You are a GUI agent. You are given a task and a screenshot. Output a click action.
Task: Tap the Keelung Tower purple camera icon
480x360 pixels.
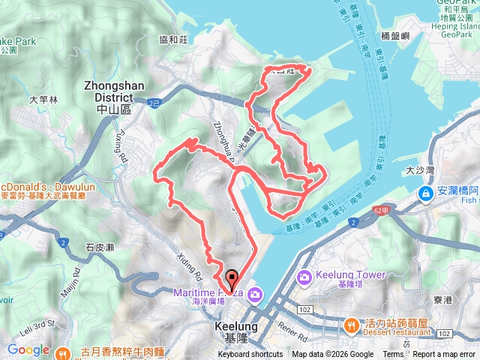click(x=305, y=278)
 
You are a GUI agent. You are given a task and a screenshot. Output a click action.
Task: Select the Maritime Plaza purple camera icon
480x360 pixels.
click(x=255, y=293)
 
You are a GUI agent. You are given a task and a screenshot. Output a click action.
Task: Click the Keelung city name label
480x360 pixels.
click(x=235, y=331)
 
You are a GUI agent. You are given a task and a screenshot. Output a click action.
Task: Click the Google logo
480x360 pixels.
click(x=28, y=349)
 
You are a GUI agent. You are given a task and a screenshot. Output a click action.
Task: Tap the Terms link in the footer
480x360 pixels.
click(x=393, y=355)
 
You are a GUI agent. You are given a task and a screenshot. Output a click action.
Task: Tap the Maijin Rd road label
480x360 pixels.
click(x=76, y=283)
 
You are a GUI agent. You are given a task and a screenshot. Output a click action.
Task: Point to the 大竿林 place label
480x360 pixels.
click(x=43, y=98)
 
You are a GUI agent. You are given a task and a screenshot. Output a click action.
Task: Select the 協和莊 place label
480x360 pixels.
click(x=172, y=40)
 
